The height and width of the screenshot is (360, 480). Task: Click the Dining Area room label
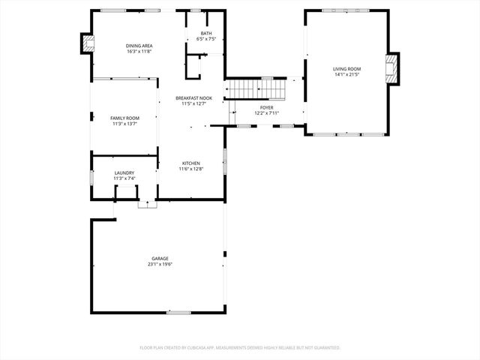tap(139, 46)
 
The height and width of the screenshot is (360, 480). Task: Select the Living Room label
tap(347, 69)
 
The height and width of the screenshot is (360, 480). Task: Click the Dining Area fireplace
tap(88, 44)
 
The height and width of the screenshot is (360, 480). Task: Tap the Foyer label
tap(267, 107)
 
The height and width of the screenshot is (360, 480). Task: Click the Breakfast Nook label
tap(193, 98)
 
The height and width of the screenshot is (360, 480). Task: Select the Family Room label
tap(125, 118)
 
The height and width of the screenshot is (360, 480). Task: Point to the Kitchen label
tap(191, 163)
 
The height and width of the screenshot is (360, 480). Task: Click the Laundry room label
tap(124, 173)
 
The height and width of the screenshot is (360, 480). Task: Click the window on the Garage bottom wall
tap(178, 312)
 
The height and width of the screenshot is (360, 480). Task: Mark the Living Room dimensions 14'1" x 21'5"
tap(347, 75)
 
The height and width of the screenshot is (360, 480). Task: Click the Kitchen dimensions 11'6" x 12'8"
tap(191, 169)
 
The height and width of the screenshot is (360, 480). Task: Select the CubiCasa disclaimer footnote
tap(240, 348)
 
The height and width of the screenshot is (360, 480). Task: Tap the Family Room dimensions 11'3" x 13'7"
tap(125, 124)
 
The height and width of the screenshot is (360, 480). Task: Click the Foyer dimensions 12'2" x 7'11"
tap(267, 113)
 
